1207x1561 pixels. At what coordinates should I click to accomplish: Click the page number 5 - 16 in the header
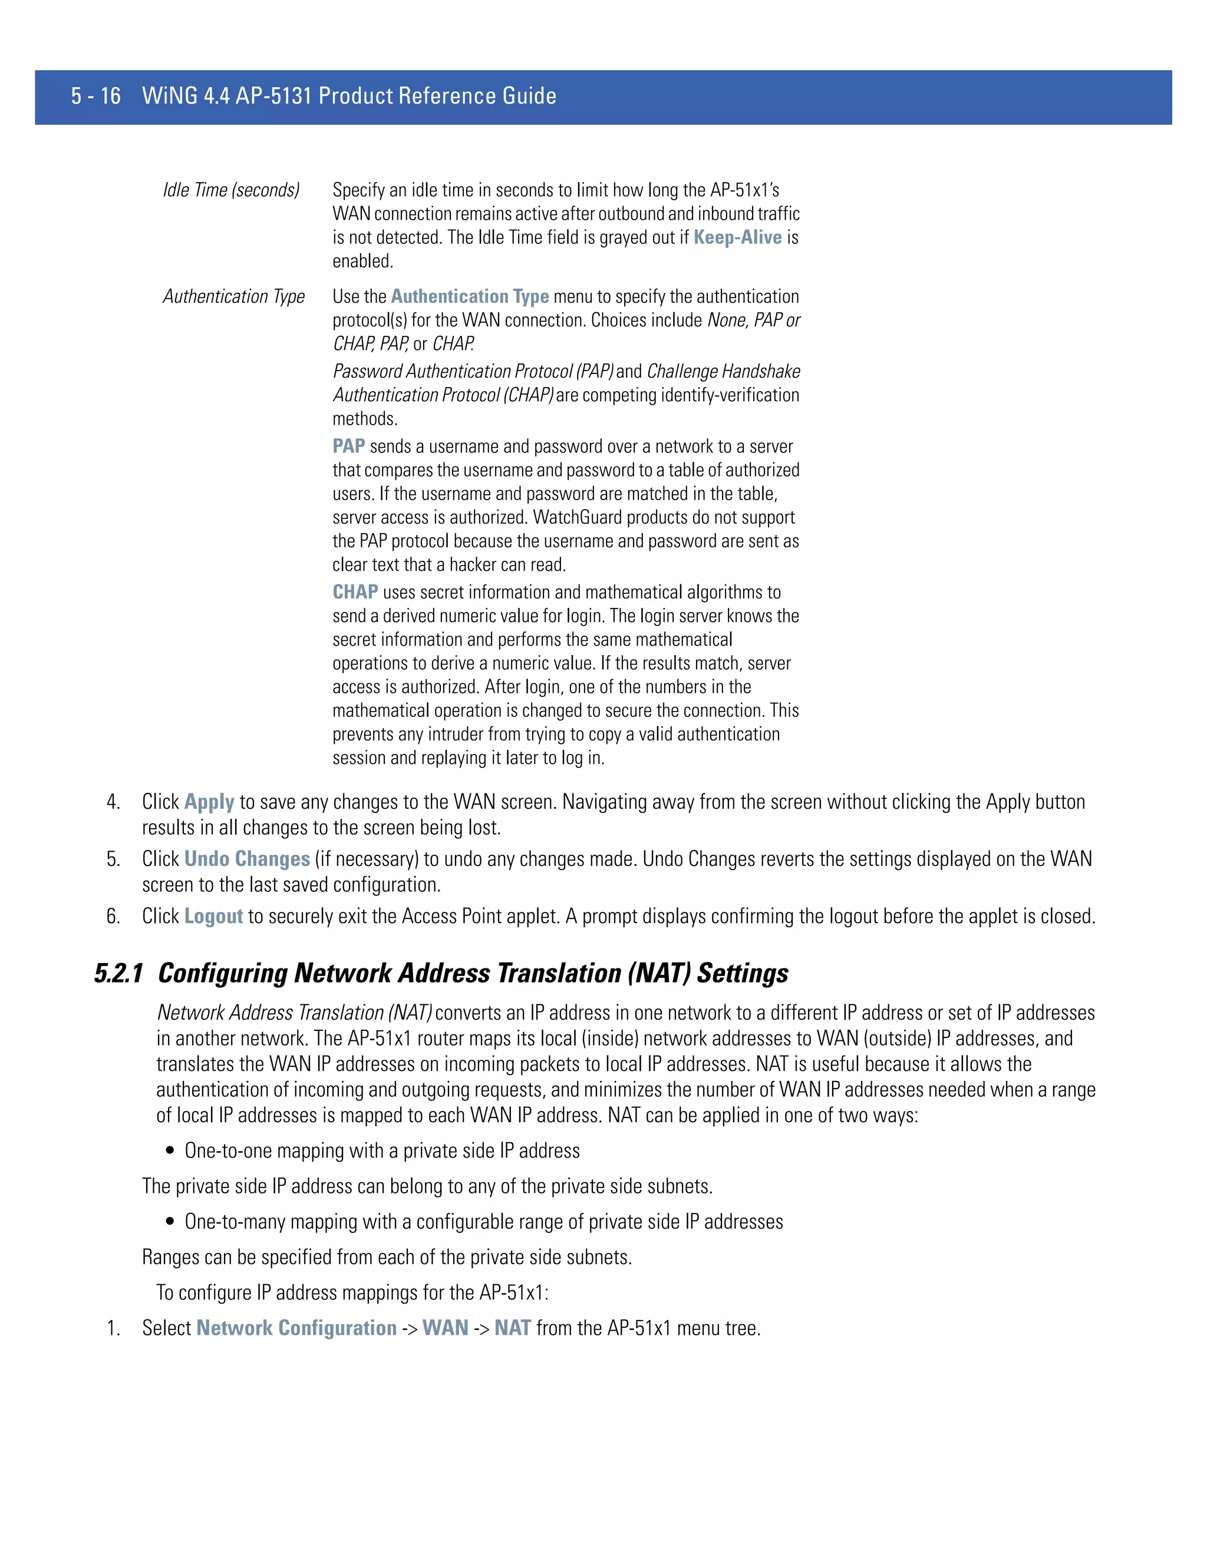tap(96, 96)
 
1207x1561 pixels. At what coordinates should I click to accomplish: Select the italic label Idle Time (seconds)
tap(231, 190)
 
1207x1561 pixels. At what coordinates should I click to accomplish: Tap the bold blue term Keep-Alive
tap(737, 237)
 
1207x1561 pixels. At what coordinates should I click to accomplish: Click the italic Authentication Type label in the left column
tap(234, 297)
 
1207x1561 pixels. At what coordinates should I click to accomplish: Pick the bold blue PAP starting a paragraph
tap(349, 447)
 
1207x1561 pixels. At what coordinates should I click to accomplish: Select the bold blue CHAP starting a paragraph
tap(355, 593)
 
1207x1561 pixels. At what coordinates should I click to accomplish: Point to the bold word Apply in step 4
tap(209, 802)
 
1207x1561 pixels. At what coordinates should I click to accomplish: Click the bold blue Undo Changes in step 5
tap(247, 859)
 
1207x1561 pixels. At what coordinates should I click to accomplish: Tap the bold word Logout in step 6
tap(213, 917)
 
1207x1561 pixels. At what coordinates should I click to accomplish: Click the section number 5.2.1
tap(118, 974)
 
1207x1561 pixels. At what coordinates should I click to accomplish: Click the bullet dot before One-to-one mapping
tap(170, 1152)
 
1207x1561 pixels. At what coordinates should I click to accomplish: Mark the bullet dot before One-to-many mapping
tap(170, 1222)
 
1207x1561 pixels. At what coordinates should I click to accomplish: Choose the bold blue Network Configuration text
tap(296, 1328)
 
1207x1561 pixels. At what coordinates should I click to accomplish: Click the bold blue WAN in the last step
tap(445, 1328)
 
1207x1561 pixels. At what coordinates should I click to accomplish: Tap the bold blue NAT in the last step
tap(512, 1328)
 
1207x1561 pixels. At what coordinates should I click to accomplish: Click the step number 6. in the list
tap(113, 917)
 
